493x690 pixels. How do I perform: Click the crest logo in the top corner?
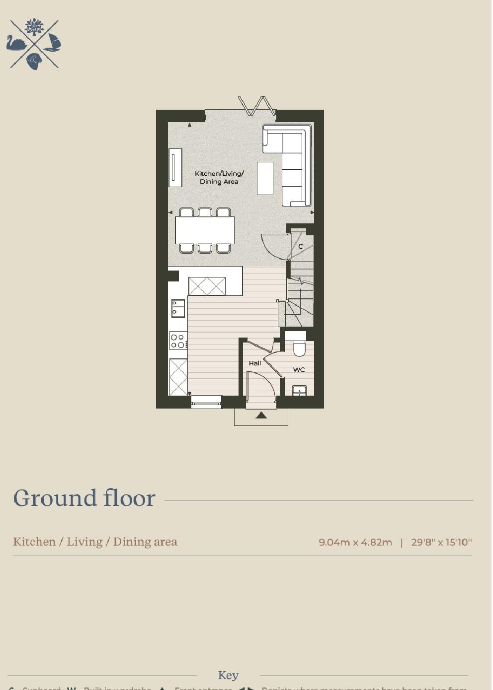coord(34,44)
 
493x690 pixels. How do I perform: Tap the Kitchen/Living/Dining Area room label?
coord(219,177)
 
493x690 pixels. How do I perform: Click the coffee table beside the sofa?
coord(265,178)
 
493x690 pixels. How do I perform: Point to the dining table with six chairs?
coord(205,230)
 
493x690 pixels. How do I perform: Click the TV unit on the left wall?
coord(175,168)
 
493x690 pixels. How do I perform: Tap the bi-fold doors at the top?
coord(256,106)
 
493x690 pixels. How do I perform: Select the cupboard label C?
coord(301,246)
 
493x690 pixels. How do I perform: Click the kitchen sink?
coord(178,308)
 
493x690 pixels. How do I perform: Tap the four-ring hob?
coord(178,341)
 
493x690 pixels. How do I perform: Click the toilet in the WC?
coord(299,347)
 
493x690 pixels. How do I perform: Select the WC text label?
coord(299,370)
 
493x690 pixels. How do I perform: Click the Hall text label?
coord(255,363)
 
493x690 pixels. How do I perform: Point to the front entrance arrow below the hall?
coord(261,415)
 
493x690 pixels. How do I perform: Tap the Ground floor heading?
coord(84,498)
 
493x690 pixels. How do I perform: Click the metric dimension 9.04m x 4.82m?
coord(355,542)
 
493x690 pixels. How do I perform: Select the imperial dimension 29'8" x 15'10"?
coord(441,542)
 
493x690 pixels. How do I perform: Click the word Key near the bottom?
coord(228,676)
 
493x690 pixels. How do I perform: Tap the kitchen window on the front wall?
coord(206,402)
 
